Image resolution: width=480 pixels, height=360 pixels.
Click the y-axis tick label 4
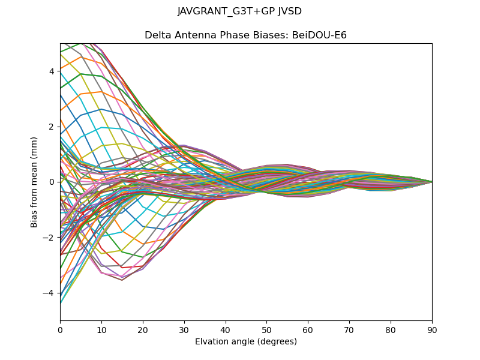click(52, 71)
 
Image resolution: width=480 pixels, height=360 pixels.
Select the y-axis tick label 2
click(52, 127)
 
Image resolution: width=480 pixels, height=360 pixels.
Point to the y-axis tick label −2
click(49, 238)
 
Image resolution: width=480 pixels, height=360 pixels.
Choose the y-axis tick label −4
click(49, 293)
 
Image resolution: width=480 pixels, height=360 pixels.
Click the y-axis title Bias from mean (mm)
click(35, 181)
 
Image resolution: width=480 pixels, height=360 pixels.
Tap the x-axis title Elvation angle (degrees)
click(246, 342)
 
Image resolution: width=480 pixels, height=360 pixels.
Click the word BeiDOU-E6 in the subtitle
click(319, 35)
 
